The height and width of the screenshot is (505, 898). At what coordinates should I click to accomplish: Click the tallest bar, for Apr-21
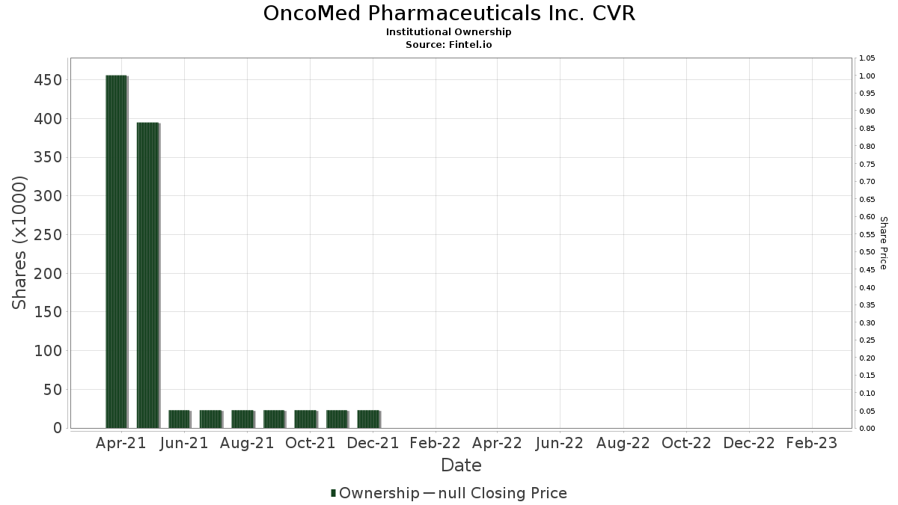116,251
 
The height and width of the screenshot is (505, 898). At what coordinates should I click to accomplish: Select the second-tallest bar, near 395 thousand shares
147,275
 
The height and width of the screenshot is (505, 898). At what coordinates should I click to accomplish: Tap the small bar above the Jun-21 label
179,419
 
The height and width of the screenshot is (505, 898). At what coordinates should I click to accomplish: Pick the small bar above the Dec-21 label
368,419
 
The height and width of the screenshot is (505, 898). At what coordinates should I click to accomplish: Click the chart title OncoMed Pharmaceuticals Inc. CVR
449,13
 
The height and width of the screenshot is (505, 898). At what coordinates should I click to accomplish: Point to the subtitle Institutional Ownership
449,32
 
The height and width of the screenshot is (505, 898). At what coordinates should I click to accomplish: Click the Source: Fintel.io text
449,45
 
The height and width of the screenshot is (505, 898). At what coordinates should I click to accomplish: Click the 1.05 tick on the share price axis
867,58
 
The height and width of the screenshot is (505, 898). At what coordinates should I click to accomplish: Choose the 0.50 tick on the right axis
867,252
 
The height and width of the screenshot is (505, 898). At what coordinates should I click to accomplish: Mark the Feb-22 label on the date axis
436,444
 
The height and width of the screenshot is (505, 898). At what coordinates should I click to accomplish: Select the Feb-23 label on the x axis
813,444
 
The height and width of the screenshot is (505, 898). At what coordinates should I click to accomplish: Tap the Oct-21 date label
310,444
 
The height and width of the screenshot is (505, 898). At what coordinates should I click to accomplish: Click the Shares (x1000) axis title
20,242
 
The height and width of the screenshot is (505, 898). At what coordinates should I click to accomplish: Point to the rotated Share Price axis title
883,242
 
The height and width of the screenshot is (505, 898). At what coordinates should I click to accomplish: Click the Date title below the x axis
461,465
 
